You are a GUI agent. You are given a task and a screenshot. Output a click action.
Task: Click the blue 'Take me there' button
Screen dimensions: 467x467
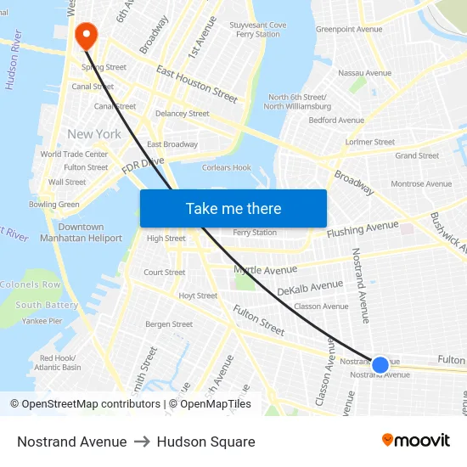click(233, 208)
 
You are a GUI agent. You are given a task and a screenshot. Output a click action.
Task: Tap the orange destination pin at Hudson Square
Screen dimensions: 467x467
click(86, 35)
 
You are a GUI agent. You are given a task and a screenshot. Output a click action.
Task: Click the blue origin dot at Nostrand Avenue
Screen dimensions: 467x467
click(380, 365)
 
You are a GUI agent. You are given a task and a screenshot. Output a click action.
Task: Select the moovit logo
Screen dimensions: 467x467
click(415, 441)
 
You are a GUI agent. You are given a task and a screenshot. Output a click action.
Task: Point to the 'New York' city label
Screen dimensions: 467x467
click(94, 134)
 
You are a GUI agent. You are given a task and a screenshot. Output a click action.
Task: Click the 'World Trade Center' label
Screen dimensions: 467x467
click(74, 155)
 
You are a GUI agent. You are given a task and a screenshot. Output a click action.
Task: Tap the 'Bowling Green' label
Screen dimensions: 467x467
click(54, 205)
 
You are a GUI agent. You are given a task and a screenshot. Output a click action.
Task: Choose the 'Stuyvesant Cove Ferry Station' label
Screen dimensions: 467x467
click(258, 30)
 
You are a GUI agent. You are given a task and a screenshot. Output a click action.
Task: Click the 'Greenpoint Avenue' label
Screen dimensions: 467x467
click(349, 29)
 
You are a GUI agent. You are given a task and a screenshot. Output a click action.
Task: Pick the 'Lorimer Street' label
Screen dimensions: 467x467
click(370, 142)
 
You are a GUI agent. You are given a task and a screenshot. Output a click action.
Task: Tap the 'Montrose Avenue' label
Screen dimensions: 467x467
click(421, 183)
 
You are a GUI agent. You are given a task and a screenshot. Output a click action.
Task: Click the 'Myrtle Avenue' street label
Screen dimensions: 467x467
click(265, 270)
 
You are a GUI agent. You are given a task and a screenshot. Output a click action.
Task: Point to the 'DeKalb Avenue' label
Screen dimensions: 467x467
click(310, 288)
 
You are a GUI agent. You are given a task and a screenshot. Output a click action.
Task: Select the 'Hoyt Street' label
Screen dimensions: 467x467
click(198, 296)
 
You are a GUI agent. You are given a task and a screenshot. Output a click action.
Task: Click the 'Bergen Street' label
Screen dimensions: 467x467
click(169, 324)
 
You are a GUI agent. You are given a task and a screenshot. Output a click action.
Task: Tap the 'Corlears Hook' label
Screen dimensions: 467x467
click(227, 168)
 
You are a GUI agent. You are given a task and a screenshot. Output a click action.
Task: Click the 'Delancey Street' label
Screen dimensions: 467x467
click(182, 114)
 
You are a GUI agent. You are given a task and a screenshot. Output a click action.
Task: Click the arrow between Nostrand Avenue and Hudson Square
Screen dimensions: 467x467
click(142, 442)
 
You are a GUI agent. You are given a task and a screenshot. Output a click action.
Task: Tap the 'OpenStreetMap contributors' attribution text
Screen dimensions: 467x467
click(92, 404)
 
